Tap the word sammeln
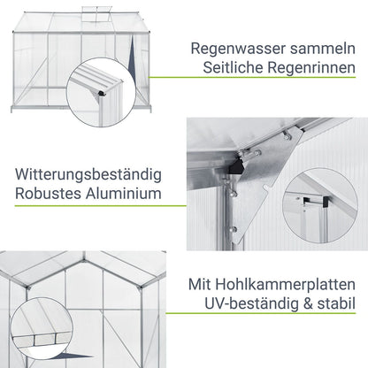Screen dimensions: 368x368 323,49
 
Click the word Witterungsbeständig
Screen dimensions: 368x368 88,174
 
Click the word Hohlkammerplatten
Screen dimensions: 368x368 285,285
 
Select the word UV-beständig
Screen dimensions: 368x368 251,304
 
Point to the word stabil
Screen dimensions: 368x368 336,303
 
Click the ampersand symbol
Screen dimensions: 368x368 308,304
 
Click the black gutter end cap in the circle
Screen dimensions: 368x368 103,94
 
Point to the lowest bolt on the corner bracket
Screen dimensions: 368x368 234,229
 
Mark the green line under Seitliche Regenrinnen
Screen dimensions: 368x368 252,78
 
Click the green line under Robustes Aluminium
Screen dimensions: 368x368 101,205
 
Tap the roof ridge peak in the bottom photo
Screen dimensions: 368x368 84,260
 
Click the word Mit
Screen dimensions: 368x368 199,285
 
